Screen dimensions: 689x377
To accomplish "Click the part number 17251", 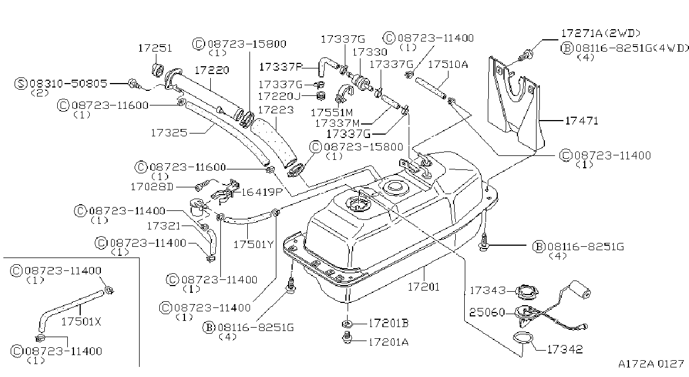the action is tap(155, 48).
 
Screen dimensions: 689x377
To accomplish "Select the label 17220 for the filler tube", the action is tap(211, 70).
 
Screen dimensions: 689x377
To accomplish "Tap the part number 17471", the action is tap(582, 121).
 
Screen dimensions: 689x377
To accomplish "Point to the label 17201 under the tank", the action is tap(424, 287).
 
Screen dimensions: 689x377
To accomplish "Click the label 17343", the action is tap(488, 290).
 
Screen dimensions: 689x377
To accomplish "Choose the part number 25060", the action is tap(487, 312).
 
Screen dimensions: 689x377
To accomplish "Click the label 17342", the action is tap(565, 350).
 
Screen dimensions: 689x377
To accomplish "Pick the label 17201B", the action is tap(389, 323).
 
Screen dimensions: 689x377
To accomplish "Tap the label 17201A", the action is tap(389, 342).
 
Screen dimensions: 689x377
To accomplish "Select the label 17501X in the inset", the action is tap(81, 321).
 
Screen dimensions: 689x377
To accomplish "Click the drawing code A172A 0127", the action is tap(651, 364).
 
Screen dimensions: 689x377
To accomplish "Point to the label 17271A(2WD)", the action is tap(601, 33).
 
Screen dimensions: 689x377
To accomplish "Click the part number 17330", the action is tap(369, 52).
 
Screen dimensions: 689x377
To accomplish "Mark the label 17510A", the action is tap(448, 65).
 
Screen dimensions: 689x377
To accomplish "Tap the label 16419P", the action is tap(262, 192).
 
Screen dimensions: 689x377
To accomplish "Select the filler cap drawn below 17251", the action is tap(158, 70).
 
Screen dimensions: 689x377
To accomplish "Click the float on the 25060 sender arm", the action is tap(580, 289).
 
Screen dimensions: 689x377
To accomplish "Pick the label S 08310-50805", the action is tap(61, 84).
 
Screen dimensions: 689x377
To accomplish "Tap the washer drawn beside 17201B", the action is tap(346, 324).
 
